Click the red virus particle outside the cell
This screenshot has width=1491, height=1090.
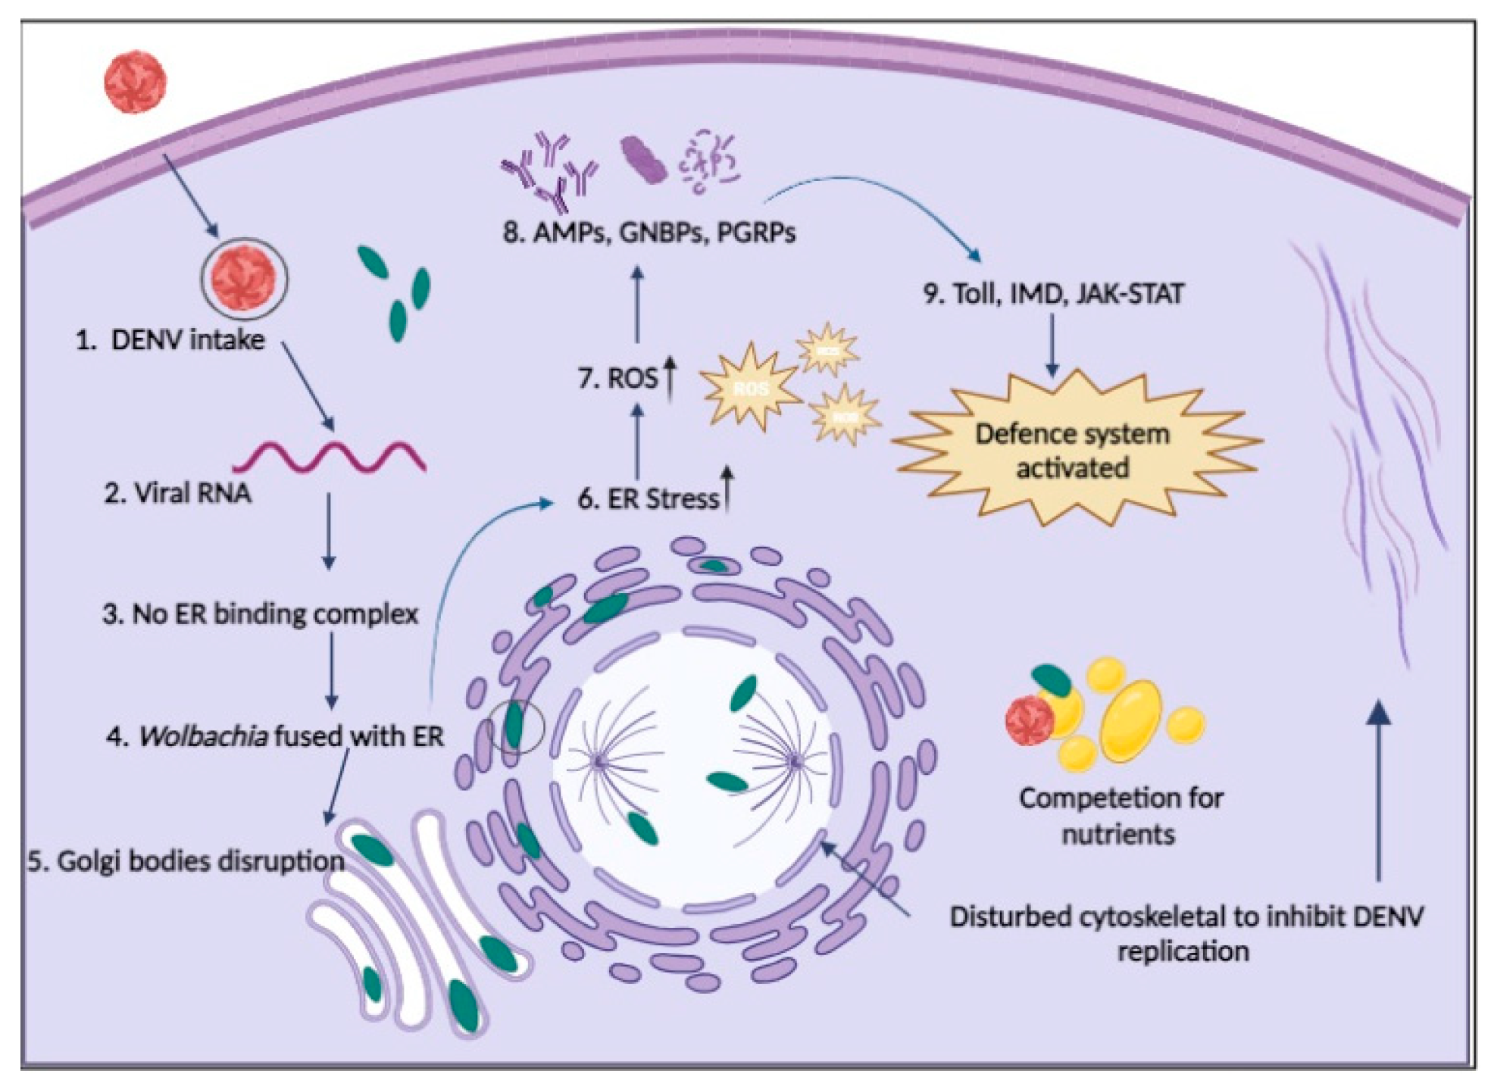click(135, 82)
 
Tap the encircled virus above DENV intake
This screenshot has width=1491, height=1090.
click(244, 280)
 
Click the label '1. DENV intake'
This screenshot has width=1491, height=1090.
click(170, 340)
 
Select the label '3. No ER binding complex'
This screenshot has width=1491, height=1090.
click(260, 614)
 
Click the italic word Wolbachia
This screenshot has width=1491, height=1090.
click(202, 736)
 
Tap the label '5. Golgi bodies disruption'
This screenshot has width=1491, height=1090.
click(186, 861)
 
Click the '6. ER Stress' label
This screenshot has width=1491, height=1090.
click(648, 499)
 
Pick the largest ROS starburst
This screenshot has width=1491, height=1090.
click(749, 388)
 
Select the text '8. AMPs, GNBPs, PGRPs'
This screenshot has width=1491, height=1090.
click(649, 233)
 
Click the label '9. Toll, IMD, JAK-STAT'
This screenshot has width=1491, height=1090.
click(1053, 293)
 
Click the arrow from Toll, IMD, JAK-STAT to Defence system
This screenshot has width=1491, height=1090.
click(1052, 345)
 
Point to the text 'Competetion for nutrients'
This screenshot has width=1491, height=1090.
click(1120, 816)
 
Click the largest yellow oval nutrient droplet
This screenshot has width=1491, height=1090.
click(1130, 720)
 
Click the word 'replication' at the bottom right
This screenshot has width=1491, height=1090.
click(1183, 951)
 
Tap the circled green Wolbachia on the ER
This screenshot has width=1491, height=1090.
click(515, 726)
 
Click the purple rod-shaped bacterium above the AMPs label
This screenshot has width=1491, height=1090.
click(643, 161)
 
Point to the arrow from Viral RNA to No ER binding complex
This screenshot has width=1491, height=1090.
click(328, 530)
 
